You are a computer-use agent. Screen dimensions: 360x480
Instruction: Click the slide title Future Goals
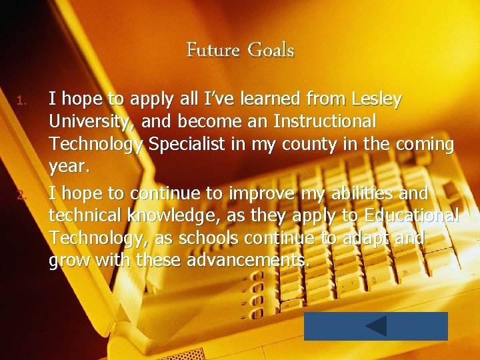point(240,50)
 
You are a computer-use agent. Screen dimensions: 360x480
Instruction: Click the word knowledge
point(143,216)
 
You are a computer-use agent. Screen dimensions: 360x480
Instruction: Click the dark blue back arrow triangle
point(376,326)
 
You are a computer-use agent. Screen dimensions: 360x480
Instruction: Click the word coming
point(421,145)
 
